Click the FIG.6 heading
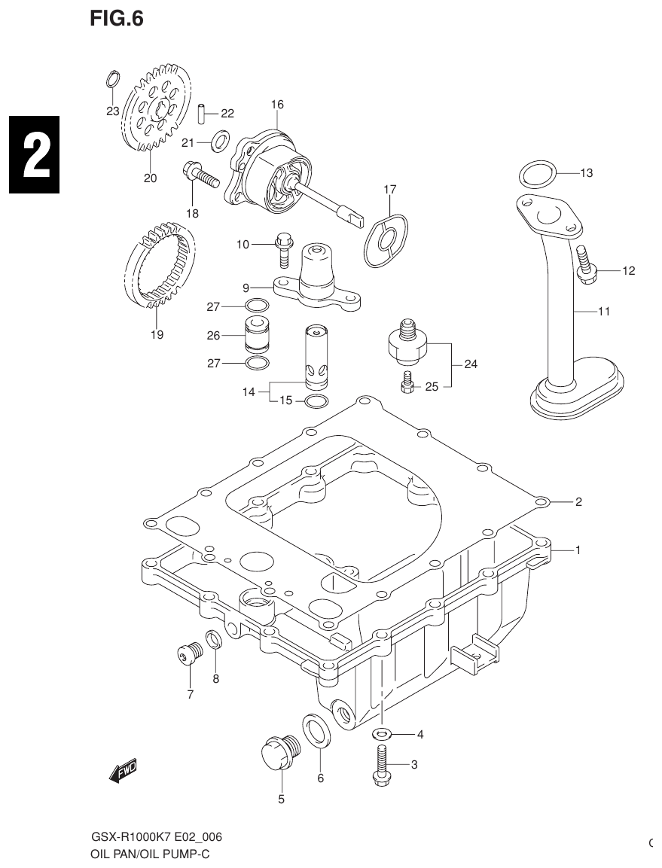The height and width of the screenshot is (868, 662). point(116,18)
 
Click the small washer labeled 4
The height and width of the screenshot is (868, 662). point(382,734)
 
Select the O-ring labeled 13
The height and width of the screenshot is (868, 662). point(537,175)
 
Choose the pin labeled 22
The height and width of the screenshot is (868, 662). point(203,114)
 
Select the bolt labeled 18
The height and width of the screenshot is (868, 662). point(199,175)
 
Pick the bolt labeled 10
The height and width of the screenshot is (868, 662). point(283,249)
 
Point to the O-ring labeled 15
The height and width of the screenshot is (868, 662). point(317,400)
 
